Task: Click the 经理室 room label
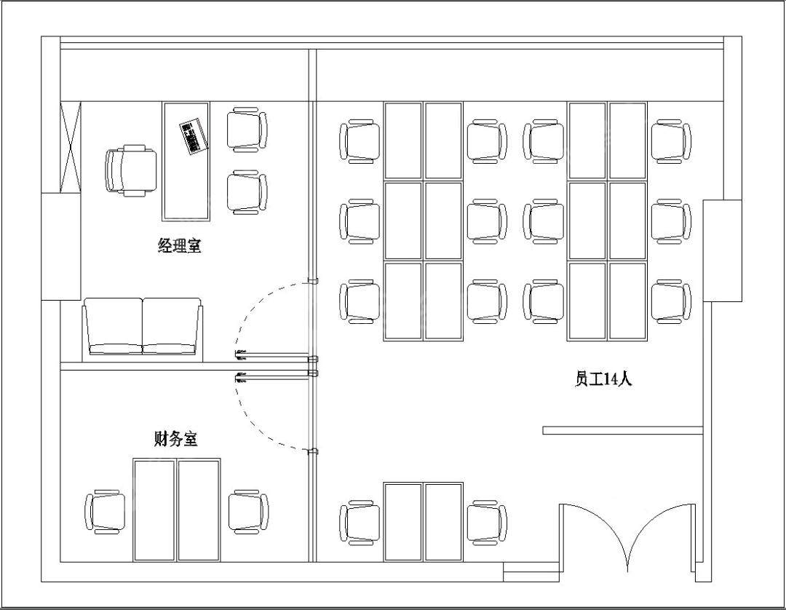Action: [180, 245]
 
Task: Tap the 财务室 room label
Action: [175, 439]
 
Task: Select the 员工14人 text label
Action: [603, 379]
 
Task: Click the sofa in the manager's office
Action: [143, 327]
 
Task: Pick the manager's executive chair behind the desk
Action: [131, 170]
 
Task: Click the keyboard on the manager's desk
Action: [193, 136]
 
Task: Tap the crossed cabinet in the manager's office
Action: [70, 147]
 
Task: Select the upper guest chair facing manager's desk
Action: [247, 130]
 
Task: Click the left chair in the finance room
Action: [106, 511]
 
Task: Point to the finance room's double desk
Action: [176, 510]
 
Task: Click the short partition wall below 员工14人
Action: [623, 430]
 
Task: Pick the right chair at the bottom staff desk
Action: [487, 522]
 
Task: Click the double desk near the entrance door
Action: [423, 522]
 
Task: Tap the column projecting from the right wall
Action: [723, 250]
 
